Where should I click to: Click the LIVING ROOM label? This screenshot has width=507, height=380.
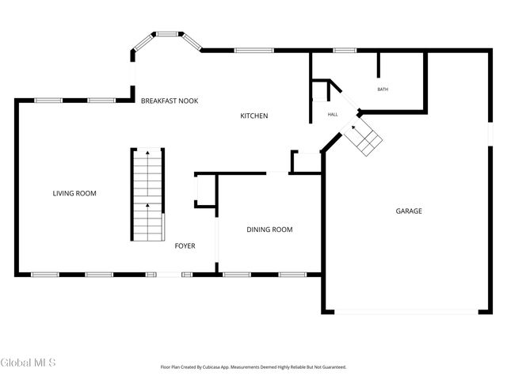click(x=74, y=193)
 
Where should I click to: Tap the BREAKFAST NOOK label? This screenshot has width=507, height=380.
click(x=169, y=101)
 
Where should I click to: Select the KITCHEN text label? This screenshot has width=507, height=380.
click(x=254, y=116)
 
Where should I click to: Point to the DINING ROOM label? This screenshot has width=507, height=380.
click(x=269, y=230)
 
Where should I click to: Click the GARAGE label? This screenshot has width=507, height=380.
click(x=409, y=211)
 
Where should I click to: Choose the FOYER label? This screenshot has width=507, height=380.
click(x=185, y=245)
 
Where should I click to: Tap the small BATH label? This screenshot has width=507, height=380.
click(x=383, y=89)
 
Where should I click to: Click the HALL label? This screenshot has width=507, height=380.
click(x=333, y=115)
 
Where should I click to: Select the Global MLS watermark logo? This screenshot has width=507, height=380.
click(x=29, y=363)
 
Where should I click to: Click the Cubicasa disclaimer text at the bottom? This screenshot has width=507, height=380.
click(x=253, y=367)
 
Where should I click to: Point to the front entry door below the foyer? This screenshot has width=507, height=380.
click(x=168, y=275)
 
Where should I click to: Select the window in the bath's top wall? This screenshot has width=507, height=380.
click(x=344, y=51)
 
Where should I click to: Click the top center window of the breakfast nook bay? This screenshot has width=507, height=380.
click(x=166, y=34)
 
